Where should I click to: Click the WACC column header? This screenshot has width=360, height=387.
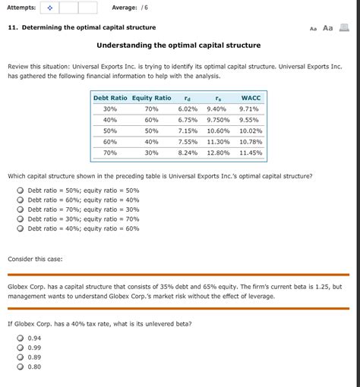(x=250, y=98)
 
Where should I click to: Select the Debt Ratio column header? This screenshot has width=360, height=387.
(x=110, y=98)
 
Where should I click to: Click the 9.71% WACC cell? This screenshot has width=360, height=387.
(x=249, y=109)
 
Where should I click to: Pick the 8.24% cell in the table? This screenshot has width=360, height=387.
(x=188, y=153)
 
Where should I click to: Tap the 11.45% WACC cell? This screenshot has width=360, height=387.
(x=250, y=153)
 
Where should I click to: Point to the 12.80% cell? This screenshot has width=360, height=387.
(x=218, y=153)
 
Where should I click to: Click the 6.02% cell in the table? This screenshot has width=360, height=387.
(x=188, y=109)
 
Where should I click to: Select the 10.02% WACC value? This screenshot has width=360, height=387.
(x=250, y=131)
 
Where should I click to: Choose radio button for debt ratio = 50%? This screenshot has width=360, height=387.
(x=21, y=190)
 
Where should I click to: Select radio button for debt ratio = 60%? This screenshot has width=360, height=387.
(x=21, y=200)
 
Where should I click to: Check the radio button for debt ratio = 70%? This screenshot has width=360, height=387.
(x=21, y=209)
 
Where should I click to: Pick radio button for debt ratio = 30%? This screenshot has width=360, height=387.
(x=21, y=219)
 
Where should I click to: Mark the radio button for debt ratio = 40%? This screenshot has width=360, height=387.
(x=21, y=228)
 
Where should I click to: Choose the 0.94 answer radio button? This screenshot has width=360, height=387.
(x=21, y=338)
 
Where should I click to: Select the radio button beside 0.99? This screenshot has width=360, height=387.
(x=21, y=347)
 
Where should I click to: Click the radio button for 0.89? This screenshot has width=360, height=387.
(x=21, y=357)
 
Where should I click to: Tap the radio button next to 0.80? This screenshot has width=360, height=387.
(x=21, y=366)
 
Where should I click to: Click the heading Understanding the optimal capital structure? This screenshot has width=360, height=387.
(x=178, y=46)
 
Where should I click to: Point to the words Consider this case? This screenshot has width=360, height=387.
(x=35, y=259)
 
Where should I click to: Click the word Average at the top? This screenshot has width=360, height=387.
(x=124, y=8)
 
